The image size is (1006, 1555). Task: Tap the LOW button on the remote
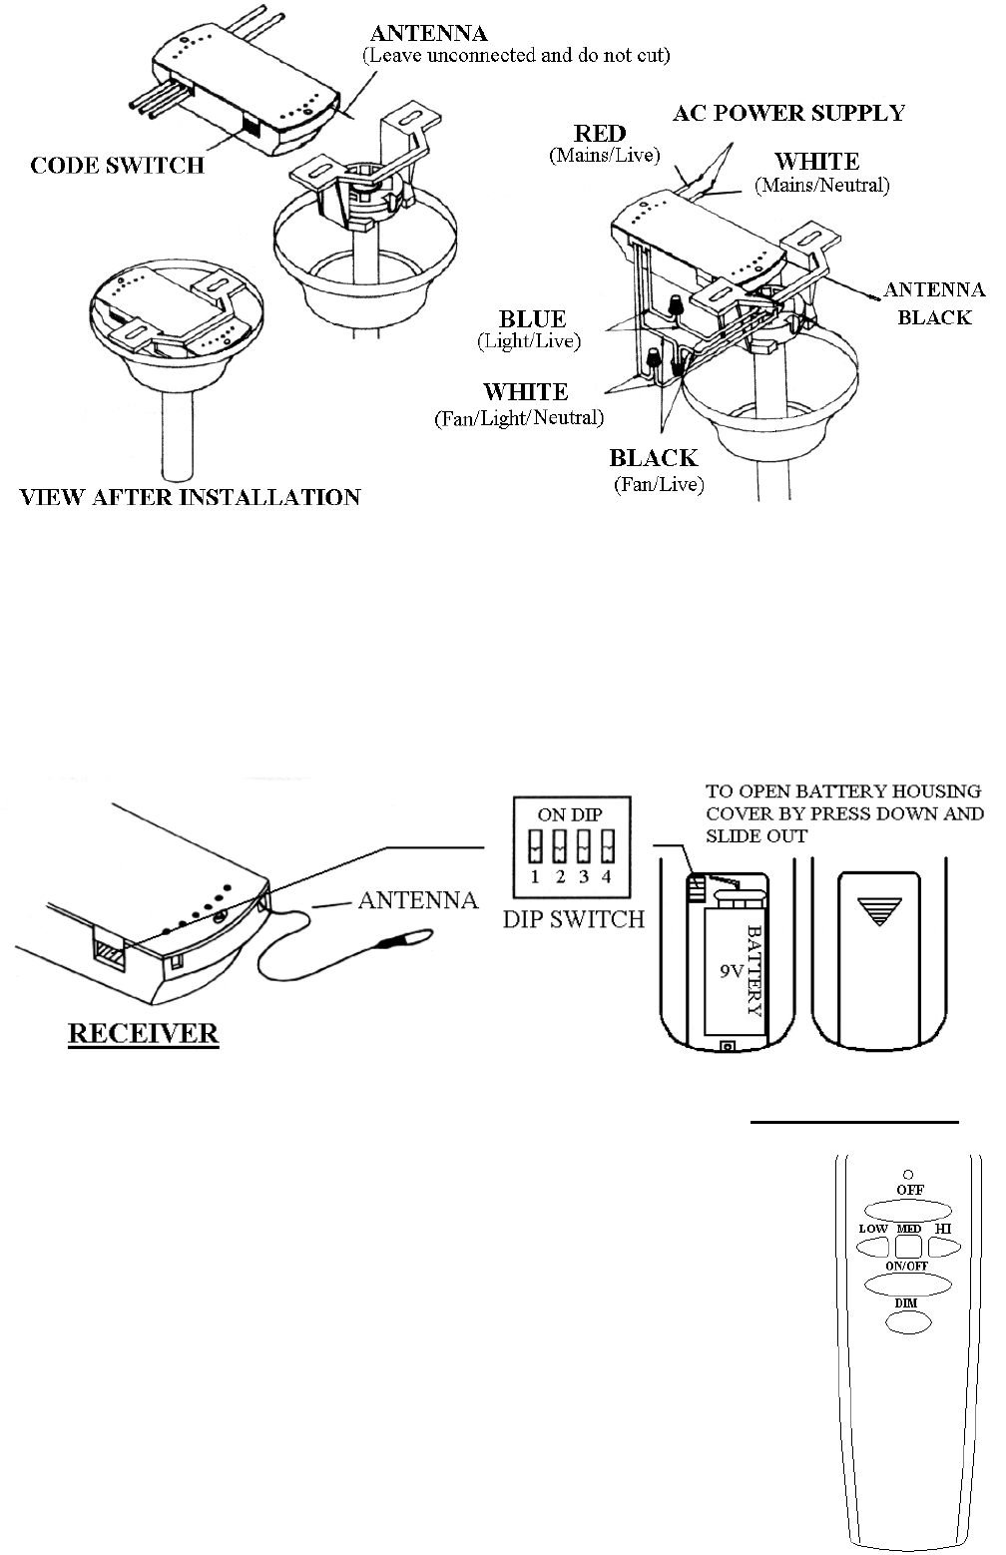coord(873,1247)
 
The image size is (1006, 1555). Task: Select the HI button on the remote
coord(944,1247)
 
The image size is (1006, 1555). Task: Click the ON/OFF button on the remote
coord(908,1284)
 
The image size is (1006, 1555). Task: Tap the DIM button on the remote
coord(907,1321)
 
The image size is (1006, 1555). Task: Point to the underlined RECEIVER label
coord(143,1033)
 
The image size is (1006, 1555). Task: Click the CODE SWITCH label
coord(118,165)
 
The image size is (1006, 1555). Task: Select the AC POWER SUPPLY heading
coord(788,113)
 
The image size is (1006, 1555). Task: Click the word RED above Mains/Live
coord(600,134)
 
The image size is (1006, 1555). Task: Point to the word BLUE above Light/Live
coord(532,319)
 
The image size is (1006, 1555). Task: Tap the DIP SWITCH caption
coord(574,918)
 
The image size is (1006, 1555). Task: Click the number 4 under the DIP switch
coord(606,877)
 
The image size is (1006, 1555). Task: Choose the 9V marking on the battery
coord(732,970)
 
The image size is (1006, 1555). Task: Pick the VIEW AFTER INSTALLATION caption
coord(191,497)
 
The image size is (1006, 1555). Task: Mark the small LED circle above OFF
coord(908,1174)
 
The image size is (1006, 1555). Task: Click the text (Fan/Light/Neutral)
coord(519,417)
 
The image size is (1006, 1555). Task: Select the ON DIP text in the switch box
coord(570,814)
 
